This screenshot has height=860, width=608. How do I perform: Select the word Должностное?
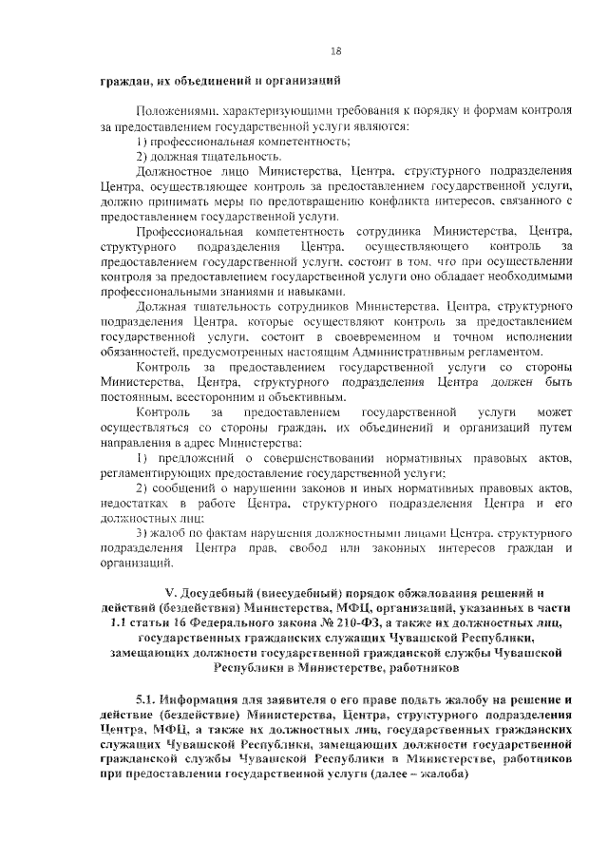coord(176,170)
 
